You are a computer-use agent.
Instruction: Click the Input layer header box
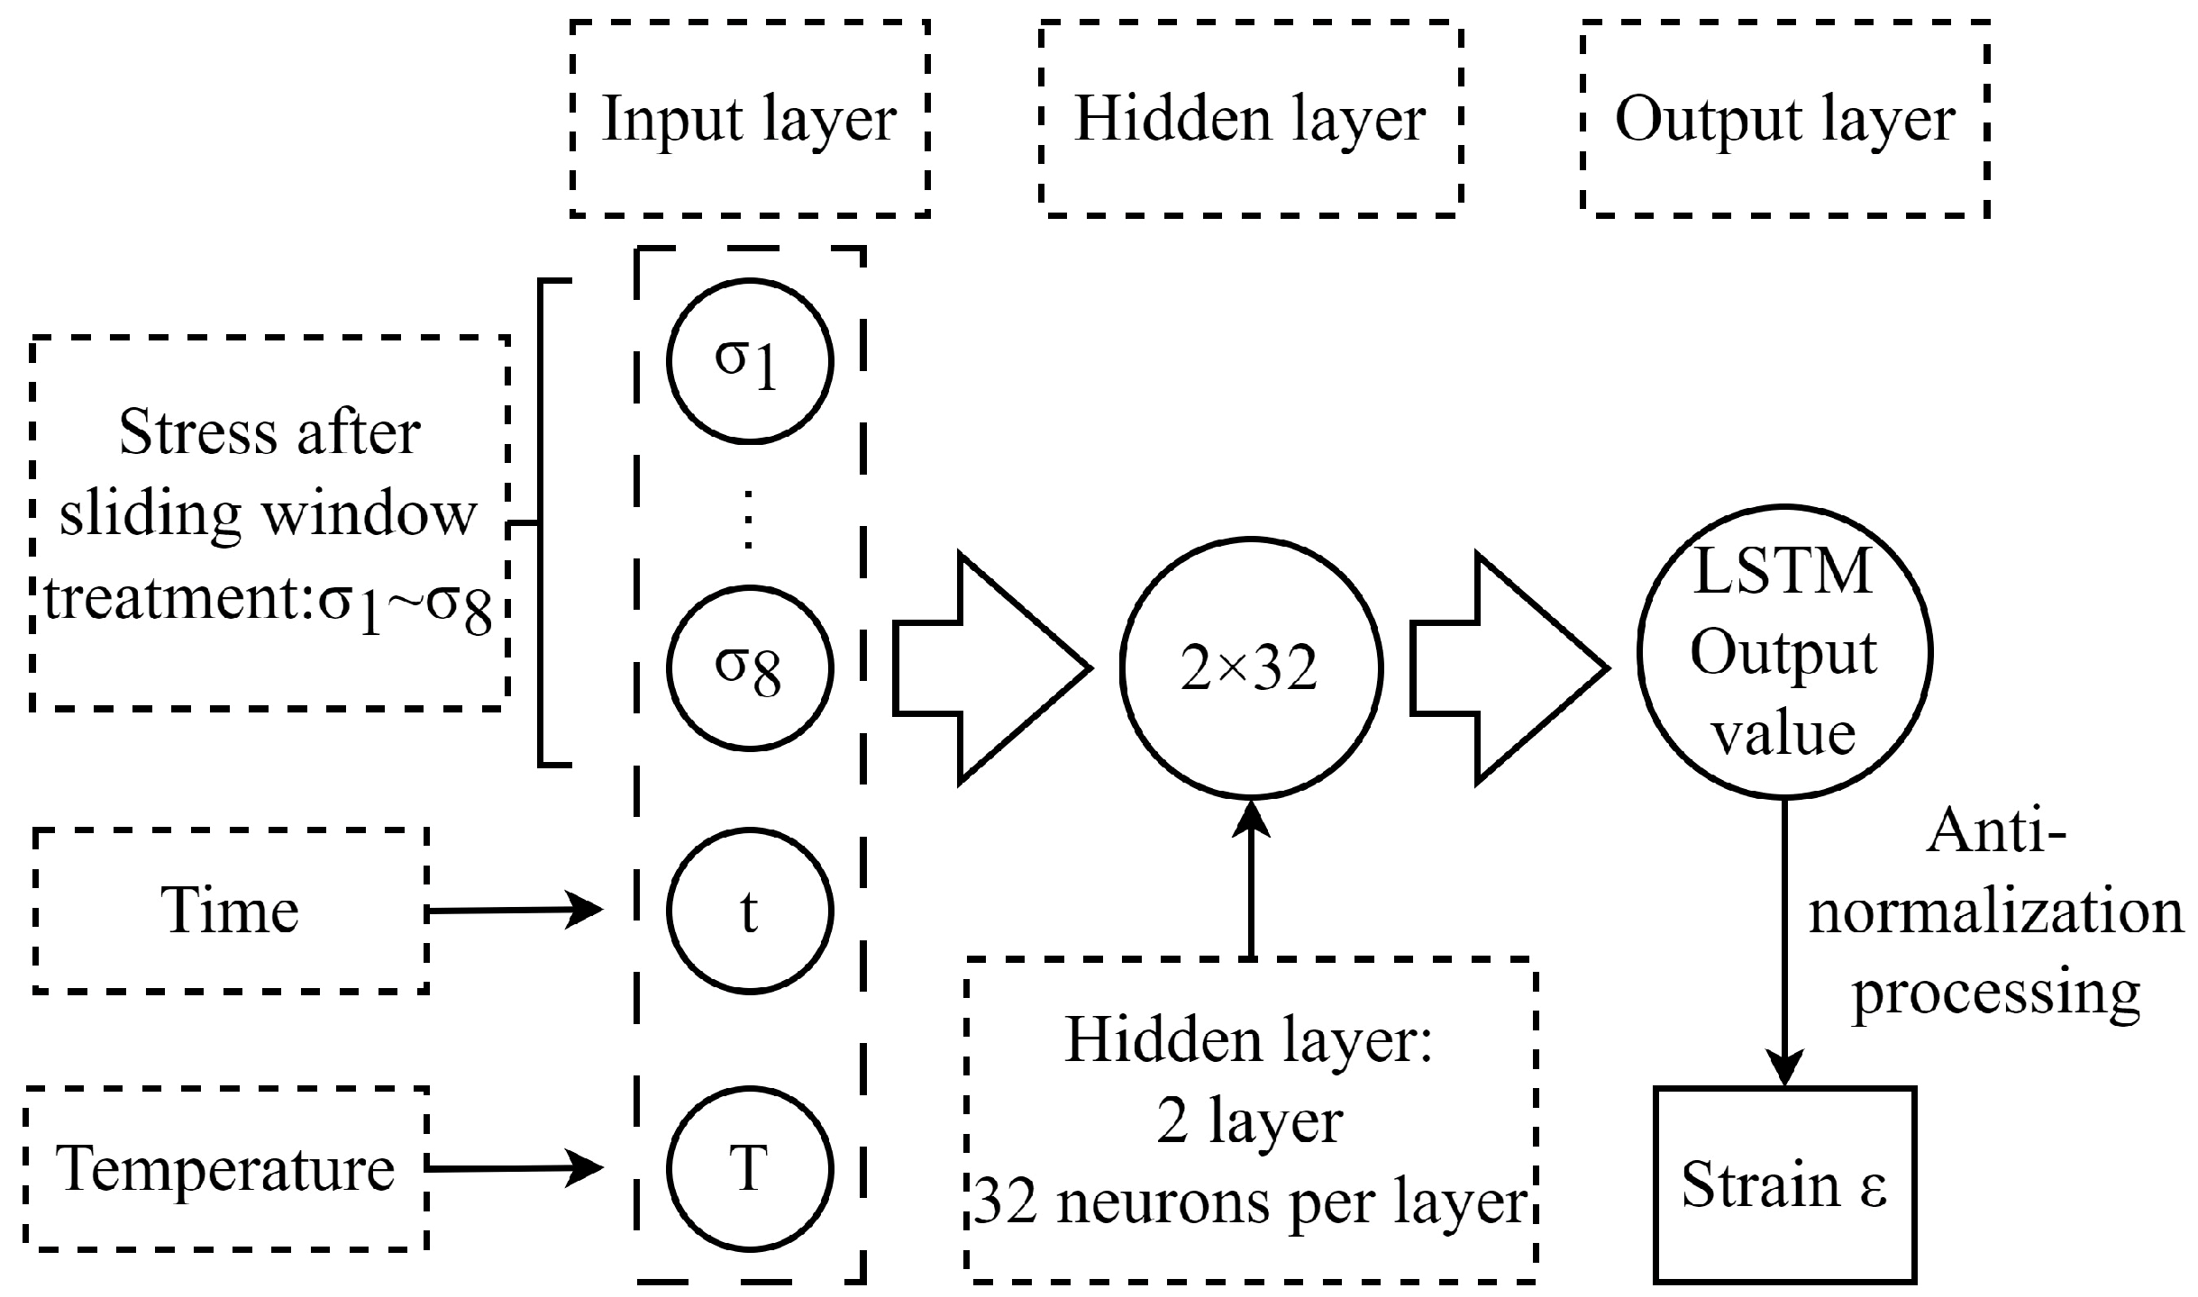tap(749, 119)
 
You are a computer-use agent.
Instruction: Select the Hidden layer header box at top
tap(1249, 119)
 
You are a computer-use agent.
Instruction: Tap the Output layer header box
tap(1783, 119)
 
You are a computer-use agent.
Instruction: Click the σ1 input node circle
tap(749, 360)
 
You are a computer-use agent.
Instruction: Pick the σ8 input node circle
tap(749, 667)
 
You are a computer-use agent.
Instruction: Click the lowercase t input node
tap(749, 911)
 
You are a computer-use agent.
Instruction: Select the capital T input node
tap(749, 1169)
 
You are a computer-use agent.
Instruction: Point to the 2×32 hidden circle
tap(1250, 667)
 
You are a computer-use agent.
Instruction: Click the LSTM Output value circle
tap(1783, 652)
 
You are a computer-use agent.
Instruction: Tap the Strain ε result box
tap(1783, 1184)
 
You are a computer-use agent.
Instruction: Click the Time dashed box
tap(231, 911)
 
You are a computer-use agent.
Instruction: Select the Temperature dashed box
tap(225, 1169)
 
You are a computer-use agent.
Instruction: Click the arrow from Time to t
tap(514, 911)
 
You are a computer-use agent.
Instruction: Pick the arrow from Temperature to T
tap(514, 1169)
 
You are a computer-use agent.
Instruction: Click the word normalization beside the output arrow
tap(1995, 912)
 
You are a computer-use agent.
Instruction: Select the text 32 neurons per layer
tap(1251, 1203)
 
